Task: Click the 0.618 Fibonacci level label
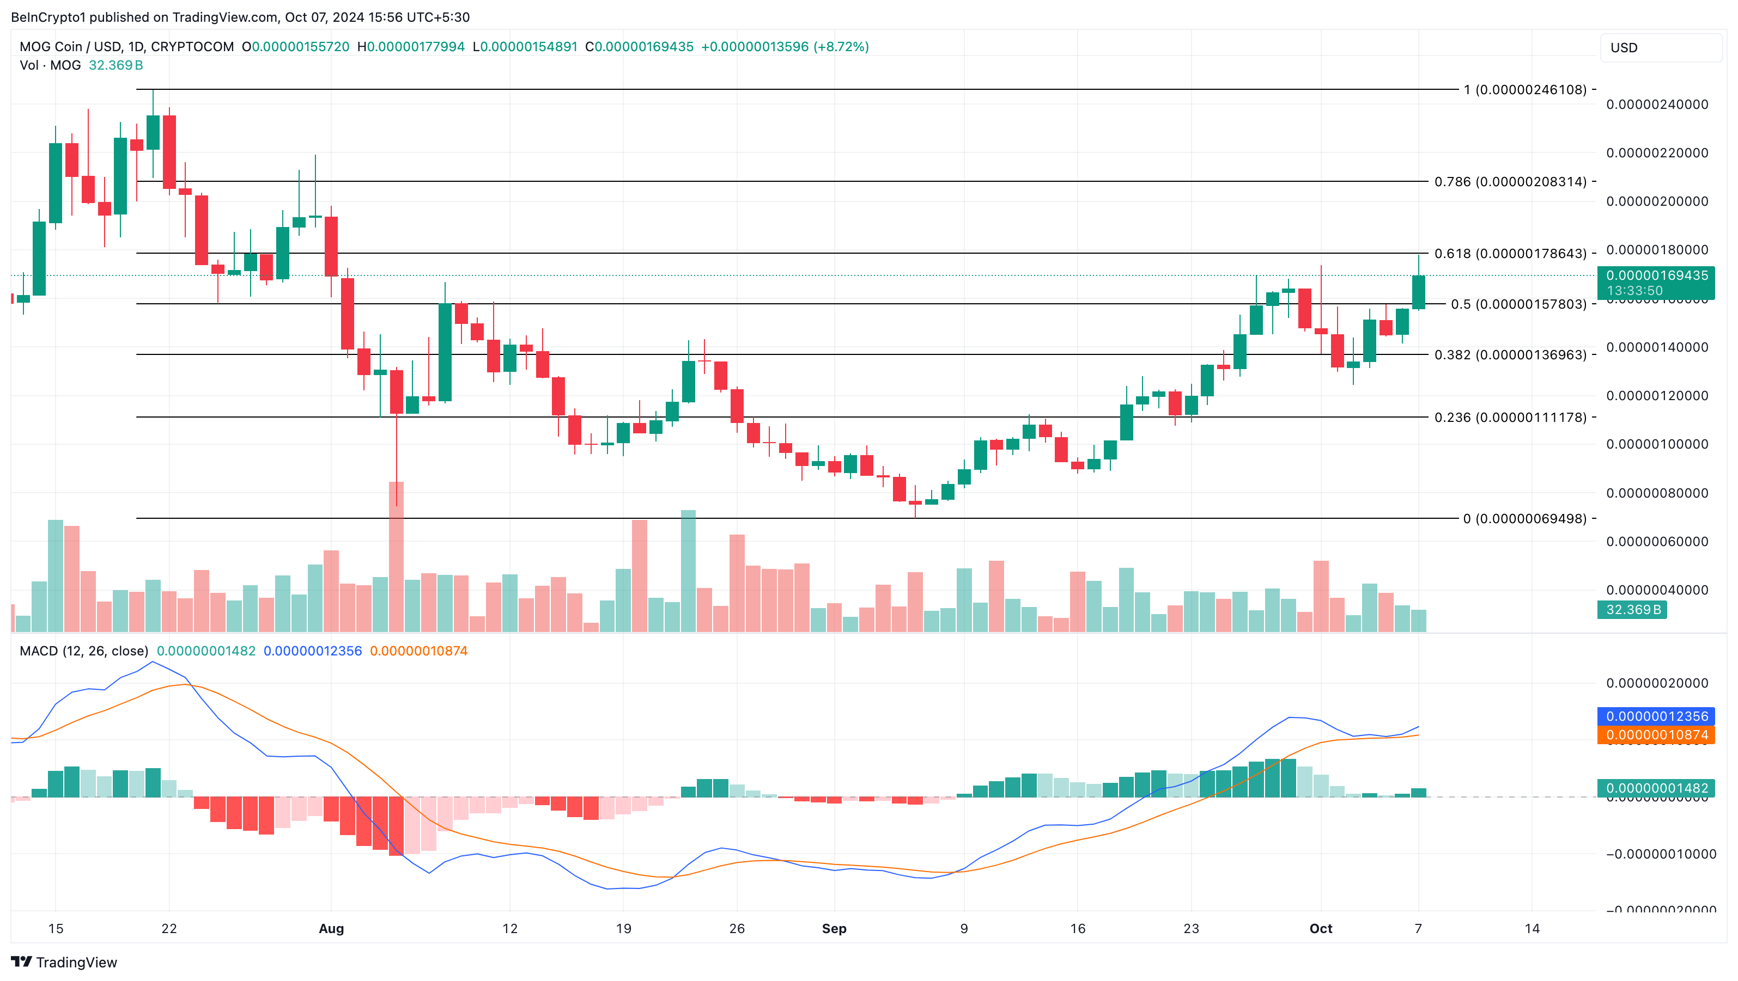[x=1510, y=254]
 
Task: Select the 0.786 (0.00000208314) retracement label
[x=1510, y=181]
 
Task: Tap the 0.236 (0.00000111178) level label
[x=1510, y=418]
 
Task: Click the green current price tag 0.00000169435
[x=1656, y=276]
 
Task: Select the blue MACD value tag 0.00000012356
[x=1656, y=716]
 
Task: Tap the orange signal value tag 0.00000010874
[x=1656, y=735]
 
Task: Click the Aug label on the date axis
[x=331, y=928]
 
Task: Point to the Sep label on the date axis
[x=834, y=928]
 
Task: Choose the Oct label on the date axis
[x=1320, y=928]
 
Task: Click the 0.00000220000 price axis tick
[x=1656, y=153]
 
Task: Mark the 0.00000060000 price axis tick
[x=1656, y=542]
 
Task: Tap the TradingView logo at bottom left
[x=64, y=962]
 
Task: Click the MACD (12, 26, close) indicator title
[x=84, y=651]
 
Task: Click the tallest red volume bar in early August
[x=396, y=556]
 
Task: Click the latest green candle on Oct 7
[x=1418, y=292]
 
